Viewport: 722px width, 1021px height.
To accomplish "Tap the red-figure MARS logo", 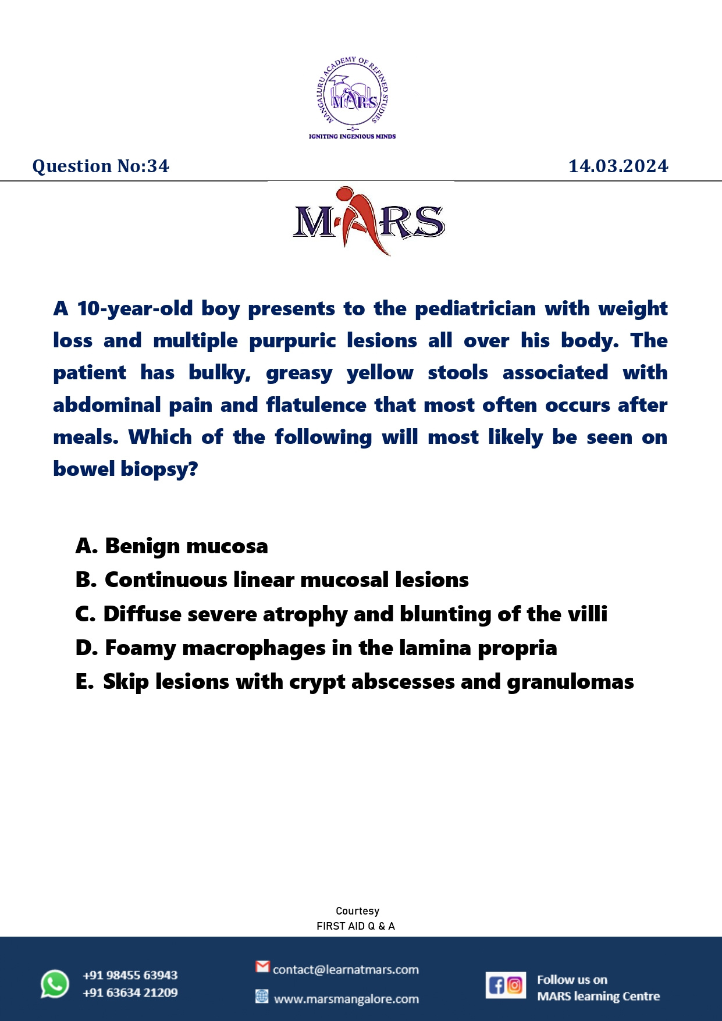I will [x=369, y=222].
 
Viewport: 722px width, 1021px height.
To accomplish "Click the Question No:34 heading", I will [x=101, y=166].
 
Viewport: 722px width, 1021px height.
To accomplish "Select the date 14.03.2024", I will [x=618, y=166].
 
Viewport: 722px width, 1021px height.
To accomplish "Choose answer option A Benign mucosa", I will [x=172, y=546].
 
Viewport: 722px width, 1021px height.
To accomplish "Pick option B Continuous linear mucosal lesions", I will [x=272, y=579].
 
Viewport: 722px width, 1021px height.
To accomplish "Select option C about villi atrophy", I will [x=342, y=614].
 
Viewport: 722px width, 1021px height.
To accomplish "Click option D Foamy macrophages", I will [x=316, y=648].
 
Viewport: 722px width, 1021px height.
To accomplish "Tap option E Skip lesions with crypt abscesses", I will [x=355, y=681].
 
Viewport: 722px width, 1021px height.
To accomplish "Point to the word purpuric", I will [x=292, y=341].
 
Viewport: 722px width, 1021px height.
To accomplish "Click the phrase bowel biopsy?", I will [x=126, y=469].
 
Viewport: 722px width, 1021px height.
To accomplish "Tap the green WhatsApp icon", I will [x=55, y=984].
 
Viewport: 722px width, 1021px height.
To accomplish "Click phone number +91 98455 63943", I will [x=130, y=975].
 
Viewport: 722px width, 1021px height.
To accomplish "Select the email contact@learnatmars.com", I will [x=346, y=969].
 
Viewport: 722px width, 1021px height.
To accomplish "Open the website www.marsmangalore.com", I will [x=346, y=999].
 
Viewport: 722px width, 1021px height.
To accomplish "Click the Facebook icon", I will [x=496, y=985].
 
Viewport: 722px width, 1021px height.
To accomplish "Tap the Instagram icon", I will [x=515, y=985].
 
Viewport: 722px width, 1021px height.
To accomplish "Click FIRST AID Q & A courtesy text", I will [x=355, y=926].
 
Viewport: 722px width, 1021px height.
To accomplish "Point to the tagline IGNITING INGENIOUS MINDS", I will [x=352, y=136].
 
